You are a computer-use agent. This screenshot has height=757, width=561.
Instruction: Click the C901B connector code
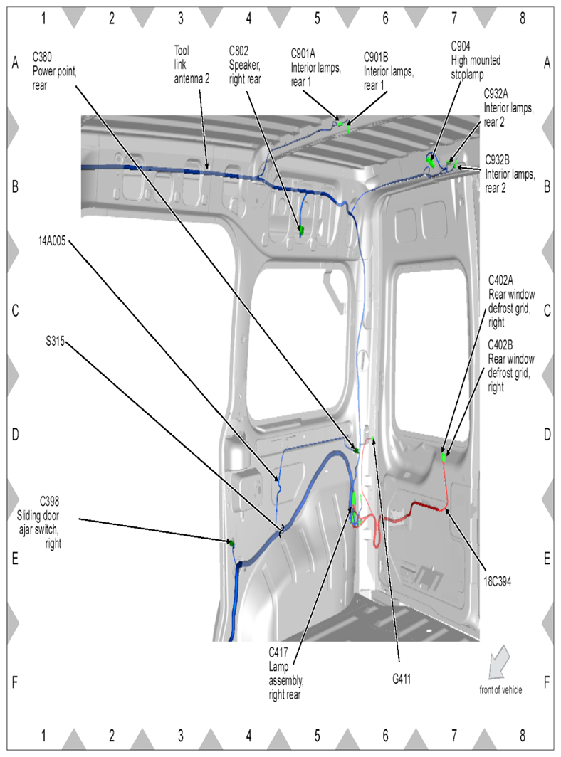coord(379,56)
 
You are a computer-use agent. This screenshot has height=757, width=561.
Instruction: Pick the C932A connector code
coord(496,93)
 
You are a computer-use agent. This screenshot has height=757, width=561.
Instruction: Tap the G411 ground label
coord(401,679)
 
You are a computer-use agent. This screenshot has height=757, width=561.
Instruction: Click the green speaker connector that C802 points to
coord(301,230)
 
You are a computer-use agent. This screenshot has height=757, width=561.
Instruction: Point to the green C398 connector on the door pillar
coord(231,544)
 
